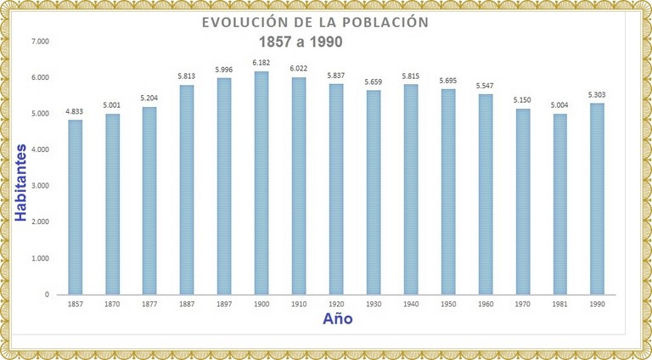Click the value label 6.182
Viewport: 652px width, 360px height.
(x=261, y=63)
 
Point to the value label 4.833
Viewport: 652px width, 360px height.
(x=75, y=111)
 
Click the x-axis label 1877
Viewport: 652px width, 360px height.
(x=149, y=304)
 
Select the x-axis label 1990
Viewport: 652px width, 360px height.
(x=597, y=304)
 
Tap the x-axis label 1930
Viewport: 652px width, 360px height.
(x=374, y=304)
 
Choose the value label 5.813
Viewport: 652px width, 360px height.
(x=187, y=76)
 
